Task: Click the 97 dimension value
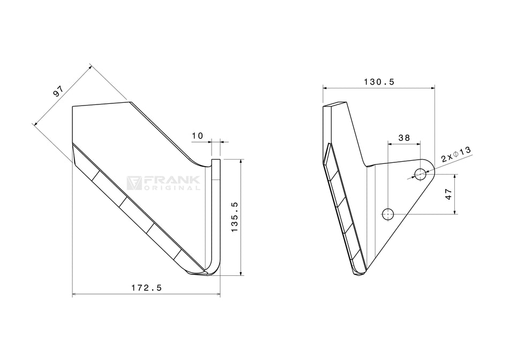pos(58,91)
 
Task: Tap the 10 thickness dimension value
pos(197,136)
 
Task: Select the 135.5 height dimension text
pos(234,216)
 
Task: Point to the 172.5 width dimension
pos(146,288)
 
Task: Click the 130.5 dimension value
pos(379,82)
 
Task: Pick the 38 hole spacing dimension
pos(403,138)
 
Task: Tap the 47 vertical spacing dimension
pos(449,194)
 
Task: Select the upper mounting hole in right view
pos(420,174)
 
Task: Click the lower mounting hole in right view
pos(388,214)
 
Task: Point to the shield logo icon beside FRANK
pos(134,183)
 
